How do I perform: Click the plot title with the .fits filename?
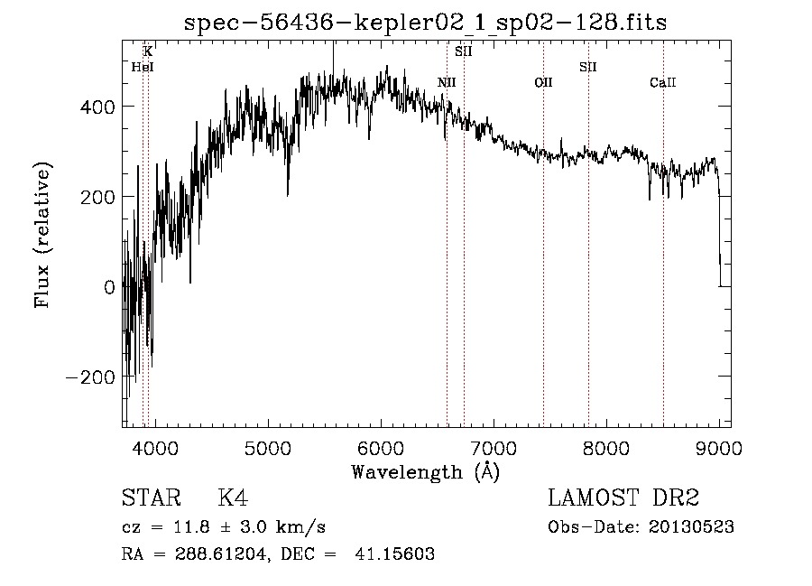(x=425, y=22)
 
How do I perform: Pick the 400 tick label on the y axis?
(x=97, y=107)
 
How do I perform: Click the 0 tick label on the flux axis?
(x=108, y=287)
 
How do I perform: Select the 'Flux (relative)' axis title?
(x=43, y=235)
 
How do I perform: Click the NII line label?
(x=447, y=83)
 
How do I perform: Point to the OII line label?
(x=543, y=83)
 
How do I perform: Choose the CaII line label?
(x=663, y=83)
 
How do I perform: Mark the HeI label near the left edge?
(x=142, y=67)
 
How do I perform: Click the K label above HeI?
(x=148, y=51)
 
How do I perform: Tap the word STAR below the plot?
(x=150, y=498)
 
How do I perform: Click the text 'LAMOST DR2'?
(x=623, y=498)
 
